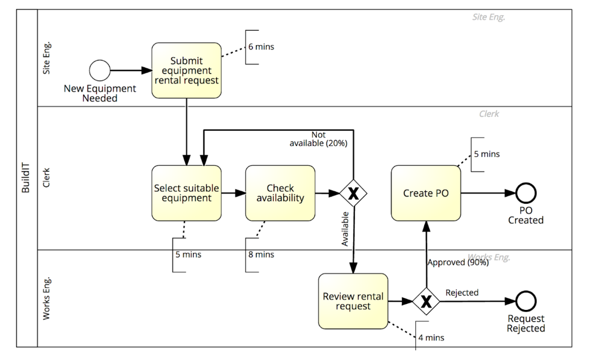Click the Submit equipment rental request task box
(x=186, y=70)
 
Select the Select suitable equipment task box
(x=186, y=193)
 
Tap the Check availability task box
(x=280, y=193)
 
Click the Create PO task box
(x=426, y=193)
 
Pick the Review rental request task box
(x=353, y=301)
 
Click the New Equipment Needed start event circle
(x=99, y=71)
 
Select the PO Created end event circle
(x=526, y=193)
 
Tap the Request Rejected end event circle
(x=526, y=300)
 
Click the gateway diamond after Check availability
(x=353, y=194)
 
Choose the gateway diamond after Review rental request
(x=426, y=301)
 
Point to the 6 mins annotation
(x=261, y=47)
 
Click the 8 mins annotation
(x=261, y=255)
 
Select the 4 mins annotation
(x=431, y=338)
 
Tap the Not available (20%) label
(x=318, y=139)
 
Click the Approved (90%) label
(x=457, y=262)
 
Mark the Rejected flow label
(x=462, y=292)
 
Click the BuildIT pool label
(x=26, y=178)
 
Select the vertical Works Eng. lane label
(x=48, y=298)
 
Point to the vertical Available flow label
(x=345, y=229)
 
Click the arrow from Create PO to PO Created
(x=488, y=194)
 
